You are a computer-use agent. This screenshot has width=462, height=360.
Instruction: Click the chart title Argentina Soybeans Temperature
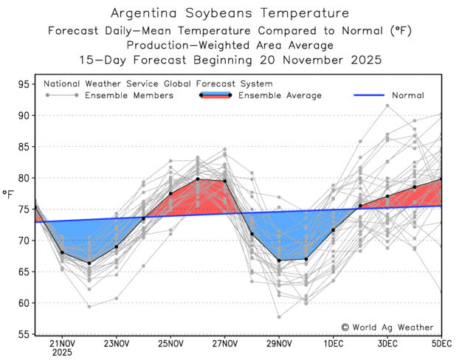click(230, 13)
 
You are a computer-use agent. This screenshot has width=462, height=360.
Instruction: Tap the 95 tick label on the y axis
click(23, 85)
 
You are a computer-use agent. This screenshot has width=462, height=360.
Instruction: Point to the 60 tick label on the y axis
click(23, 303)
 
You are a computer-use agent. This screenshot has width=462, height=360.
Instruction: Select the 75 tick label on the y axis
click(23, 210)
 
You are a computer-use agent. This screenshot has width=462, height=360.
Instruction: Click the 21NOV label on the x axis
click(62, 344)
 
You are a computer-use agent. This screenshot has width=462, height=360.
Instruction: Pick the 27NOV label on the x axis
click(224, 344)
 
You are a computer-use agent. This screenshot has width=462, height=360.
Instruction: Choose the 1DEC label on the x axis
click(333, 344)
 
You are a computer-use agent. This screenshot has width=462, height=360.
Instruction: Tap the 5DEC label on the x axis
click(441, 344)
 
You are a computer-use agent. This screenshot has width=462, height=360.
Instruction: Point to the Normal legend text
click(407, 96)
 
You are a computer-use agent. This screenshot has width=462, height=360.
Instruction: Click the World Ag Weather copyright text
click(387, 327)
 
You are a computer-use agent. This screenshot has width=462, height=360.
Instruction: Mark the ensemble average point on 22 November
click(89, 263)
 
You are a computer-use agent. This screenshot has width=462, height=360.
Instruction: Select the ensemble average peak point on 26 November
click(198, 179)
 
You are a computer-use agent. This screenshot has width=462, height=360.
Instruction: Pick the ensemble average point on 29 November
click(279, 260)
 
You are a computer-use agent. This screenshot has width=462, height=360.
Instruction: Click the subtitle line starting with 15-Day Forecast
click(230, 58)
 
